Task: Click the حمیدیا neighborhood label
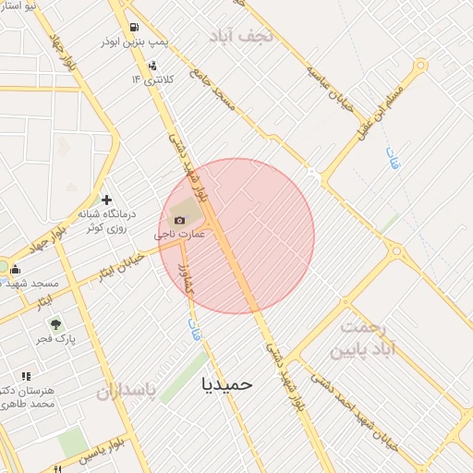(225, 382)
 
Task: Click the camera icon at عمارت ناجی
(179, 220)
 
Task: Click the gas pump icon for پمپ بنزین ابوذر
(136, 28)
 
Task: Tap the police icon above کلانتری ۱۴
(152, 65)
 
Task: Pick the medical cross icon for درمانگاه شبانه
(107, 200)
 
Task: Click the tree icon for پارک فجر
(56, 324)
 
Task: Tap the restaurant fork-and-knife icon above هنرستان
(26, 376)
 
